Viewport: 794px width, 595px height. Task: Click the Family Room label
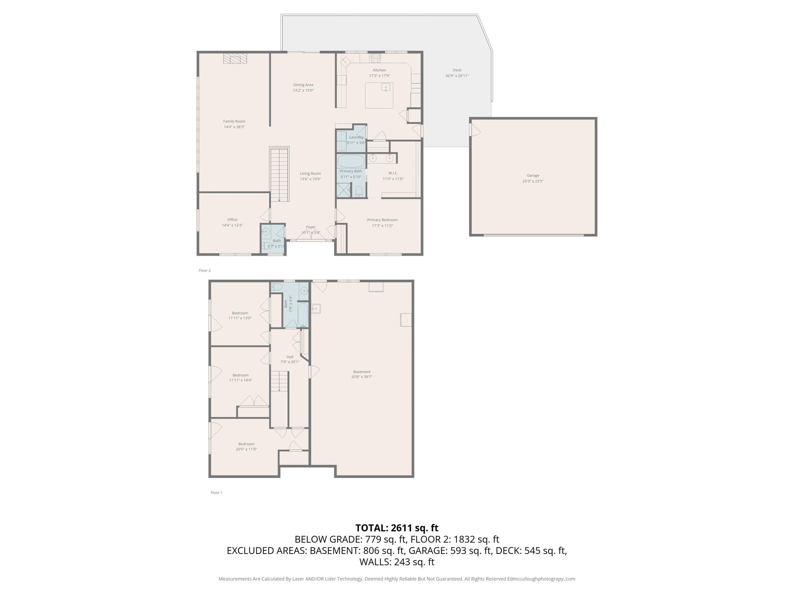click(234, 121)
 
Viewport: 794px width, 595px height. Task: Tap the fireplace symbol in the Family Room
click(235, 58)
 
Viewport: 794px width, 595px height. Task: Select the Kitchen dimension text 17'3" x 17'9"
click(379, 76)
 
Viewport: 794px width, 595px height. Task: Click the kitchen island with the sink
click(379, 95)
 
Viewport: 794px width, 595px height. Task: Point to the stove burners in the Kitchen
click(376, 58)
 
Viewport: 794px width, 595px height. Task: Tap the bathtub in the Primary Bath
click(350, 160)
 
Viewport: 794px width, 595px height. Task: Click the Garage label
click(533, 175)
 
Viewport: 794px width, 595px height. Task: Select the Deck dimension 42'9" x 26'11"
click(457, 76)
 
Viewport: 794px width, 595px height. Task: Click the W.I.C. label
click(393, 173)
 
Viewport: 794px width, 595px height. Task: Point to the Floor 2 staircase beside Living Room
click(279, 174)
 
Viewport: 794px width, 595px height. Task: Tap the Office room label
click(232, 220)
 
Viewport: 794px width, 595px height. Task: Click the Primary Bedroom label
click(382, 220)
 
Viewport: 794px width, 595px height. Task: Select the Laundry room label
click(356, 137)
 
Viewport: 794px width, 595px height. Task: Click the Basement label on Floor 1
click(361, 371)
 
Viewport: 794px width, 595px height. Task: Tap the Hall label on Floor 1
click(290, 357)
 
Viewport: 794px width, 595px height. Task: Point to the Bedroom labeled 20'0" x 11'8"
click(246, 444)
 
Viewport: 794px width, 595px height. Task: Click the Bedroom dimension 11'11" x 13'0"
click(240, 318)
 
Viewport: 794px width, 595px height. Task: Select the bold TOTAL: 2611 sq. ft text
click(397, 528)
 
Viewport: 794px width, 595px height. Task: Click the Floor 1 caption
click(216, 492)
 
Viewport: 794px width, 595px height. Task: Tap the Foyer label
click(311, 227)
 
